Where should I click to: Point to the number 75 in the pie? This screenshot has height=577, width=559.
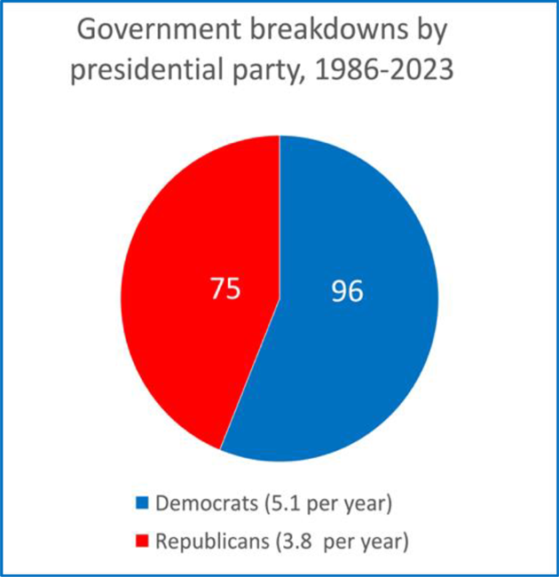coord(224,290)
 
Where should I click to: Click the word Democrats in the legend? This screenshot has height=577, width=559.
coord(198,504)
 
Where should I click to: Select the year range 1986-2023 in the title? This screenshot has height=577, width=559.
coord(390,69)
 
